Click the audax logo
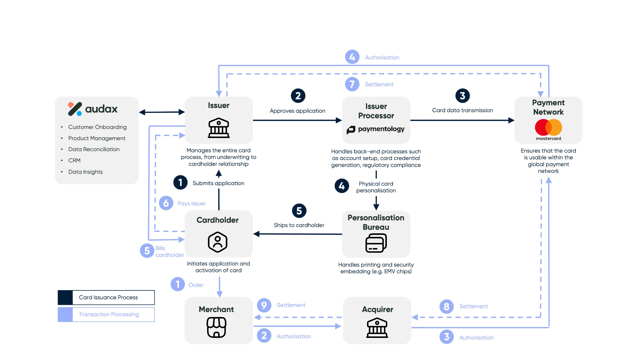click(x=93, y=109)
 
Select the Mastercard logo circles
click(x=548, y=127)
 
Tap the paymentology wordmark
click(x=376, y=129)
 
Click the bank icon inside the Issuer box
click(x=218, y=128)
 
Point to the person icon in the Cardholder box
click(x=218, y=242)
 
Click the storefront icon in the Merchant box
click(x=216, y=327)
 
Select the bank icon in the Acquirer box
click(x=377, y=328)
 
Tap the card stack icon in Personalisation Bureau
click(x=376, y=243)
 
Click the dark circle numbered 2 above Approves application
click(x=298, y=96)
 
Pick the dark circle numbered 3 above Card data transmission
click(x=462, y=96)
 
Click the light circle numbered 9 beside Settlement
click(x=264, y=305)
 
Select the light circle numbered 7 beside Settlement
click(x=352, y=84)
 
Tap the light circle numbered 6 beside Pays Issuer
click(x=166, y=203)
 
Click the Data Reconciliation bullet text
click(x=94, y=149)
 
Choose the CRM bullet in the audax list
click(x=74, y=161)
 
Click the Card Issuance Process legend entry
click(x=108, y=298)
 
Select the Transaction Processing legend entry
click(x=109, y=314)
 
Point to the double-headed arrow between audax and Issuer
click(x=162, y=112)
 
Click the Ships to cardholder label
click(x=299, y=225)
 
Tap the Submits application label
click(x=218, y=183)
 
